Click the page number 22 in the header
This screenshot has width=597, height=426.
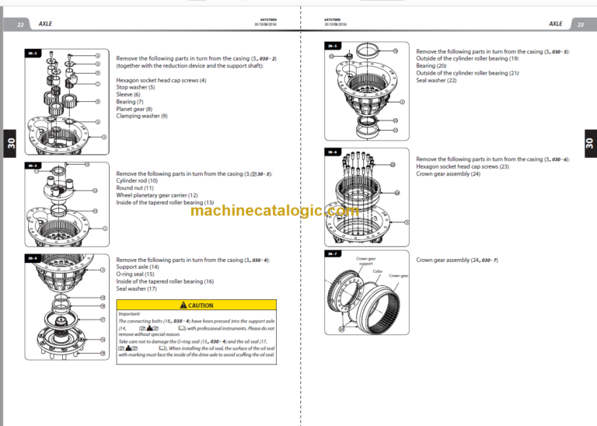click(x=20, y=24)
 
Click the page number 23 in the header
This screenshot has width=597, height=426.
click(x=580, y=24)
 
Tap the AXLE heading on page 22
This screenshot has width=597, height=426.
click(x=45, y=24)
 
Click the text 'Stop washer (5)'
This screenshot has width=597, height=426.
click(x=135, y=87)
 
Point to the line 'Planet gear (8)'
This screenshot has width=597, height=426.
click(x=134, y=109)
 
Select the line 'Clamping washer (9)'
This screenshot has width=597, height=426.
click(x=141, y=116)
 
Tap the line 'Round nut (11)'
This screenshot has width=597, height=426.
click(x=134, y=187)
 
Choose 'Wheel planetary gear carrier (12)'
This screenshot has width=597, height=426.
click(x=157, y=195)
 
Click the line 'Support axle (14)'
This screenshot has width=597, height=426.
click(x=138, y=267)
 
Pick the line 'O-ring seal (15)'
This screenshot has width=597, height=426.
click(x=135, y=274)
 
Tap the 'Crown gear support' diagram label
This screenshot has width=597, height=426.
click(x=365, y=261)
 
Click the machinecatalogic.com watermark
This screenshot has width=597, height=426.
click(x=274, y=211)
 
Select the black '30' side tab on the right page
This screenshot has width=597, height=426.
click(x=588, y=143)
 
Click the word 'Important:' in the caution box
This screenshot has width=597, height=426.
click(x=129, y=314)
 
